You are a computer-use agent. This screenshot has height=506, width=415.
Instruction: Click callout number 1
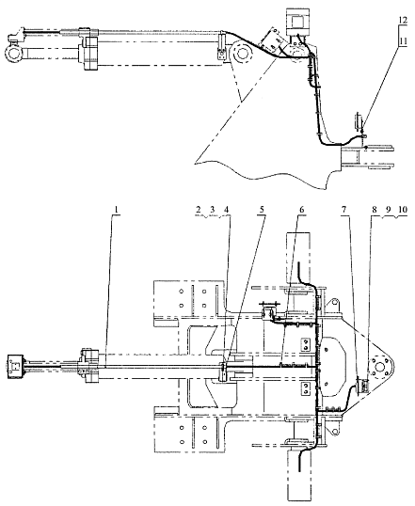[x=117, y=210]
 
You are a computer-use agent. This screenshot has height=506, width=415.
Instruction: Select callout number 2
[x=199, y=210]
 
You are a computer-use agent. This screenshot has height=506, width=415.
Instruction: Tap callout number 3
[x=212, y=210]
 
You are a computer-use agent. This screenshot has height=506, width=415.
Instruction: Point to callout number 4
[x=227, y=210]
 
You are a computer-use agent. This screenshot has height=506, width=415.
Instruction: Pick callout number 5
[x=262, y=210]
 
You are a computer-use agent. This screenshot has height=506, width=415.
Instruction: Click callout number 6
[x=301, y=210]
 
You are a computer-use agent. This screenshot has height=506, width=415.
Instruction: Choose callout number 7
[x=343, y=210]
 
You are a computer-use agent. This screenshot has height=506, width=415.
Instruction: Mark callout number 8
[x=374, y=210]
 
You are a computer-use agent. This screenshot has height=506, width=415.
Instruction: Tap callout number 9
[x=388, y=210]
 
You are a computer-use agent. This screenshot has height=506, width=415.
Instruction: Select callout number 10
[x=403, y=210]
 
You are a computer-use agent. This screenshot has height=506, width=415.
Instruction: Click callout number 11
[x=403, y=41]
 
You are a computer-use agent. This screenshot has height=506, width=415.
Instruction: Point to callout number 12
[x=403, y=20]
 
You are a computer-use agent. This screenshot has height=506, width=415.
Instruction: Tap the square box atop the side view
[x=298, y=22]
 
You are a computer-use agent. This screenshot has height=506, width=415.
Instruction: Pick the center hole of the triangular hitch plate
[x=380, y=367]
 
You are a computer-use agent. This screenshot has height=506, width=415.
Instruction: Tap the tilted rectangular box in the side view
[x=271, y=41]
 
